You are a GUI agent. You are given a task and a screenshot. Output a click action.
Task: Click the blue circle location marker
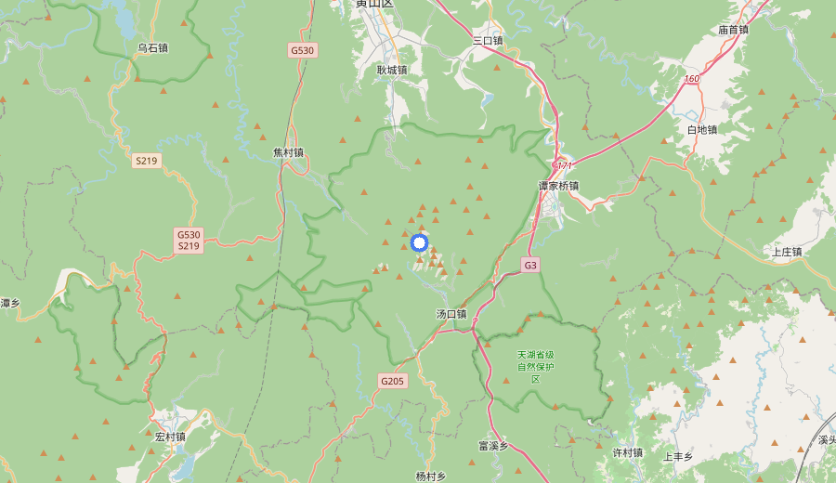point(419,243)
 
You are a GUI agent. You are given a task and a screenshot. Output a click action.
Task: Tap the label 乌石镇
point(152,47)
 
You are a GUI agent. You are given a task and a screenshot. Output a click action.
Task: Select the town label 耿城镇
point(392,70)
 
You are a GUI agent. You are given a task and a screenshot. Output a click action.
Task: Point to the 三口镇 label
point(487,41)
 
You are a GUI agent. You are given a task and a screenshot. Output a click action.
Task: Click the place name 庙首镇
point(733,30)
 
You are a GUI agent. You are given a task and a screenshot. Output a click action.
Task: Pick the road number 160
point(691,79)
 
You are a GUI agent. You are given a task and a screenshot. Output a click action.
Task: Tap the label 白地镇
point(702,129)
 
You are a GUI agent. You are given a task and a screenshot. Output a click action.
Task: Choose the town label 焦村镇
point(288,152)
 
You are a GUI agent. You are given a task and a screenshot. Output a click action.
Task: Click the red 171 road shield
point(563,165)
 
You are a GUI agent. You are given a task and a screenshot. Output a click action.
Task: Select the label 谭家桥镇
point(558,186)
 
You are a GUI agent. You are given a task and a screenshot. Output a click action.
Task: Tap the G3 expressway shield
point(530,266)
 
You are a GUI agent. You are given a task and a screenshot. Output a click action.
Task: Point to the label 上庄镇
point(787,252)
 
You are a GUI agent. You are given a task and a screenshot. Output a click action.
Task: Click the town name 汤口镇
point(451,314)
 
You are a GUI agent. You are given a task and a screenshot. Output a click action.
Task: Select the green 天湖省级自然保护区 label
point(536,367)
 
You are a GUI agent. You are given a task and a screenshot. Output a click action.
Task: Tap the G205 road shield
point(392,381)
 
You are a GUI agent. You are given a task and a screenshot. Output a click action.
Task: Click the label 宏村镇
point(171,437)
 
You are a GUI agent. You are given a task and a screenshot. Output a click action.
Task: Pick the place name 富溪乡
point(493,446)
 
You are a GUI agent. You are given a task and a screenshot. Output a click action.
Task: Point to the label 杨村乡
point(431,476)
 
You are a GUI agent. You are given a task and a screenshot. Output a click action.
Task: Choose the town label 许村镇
point(628,452)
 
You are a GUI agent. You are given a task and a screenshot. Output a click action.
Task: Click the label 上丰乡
point(678,457)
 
